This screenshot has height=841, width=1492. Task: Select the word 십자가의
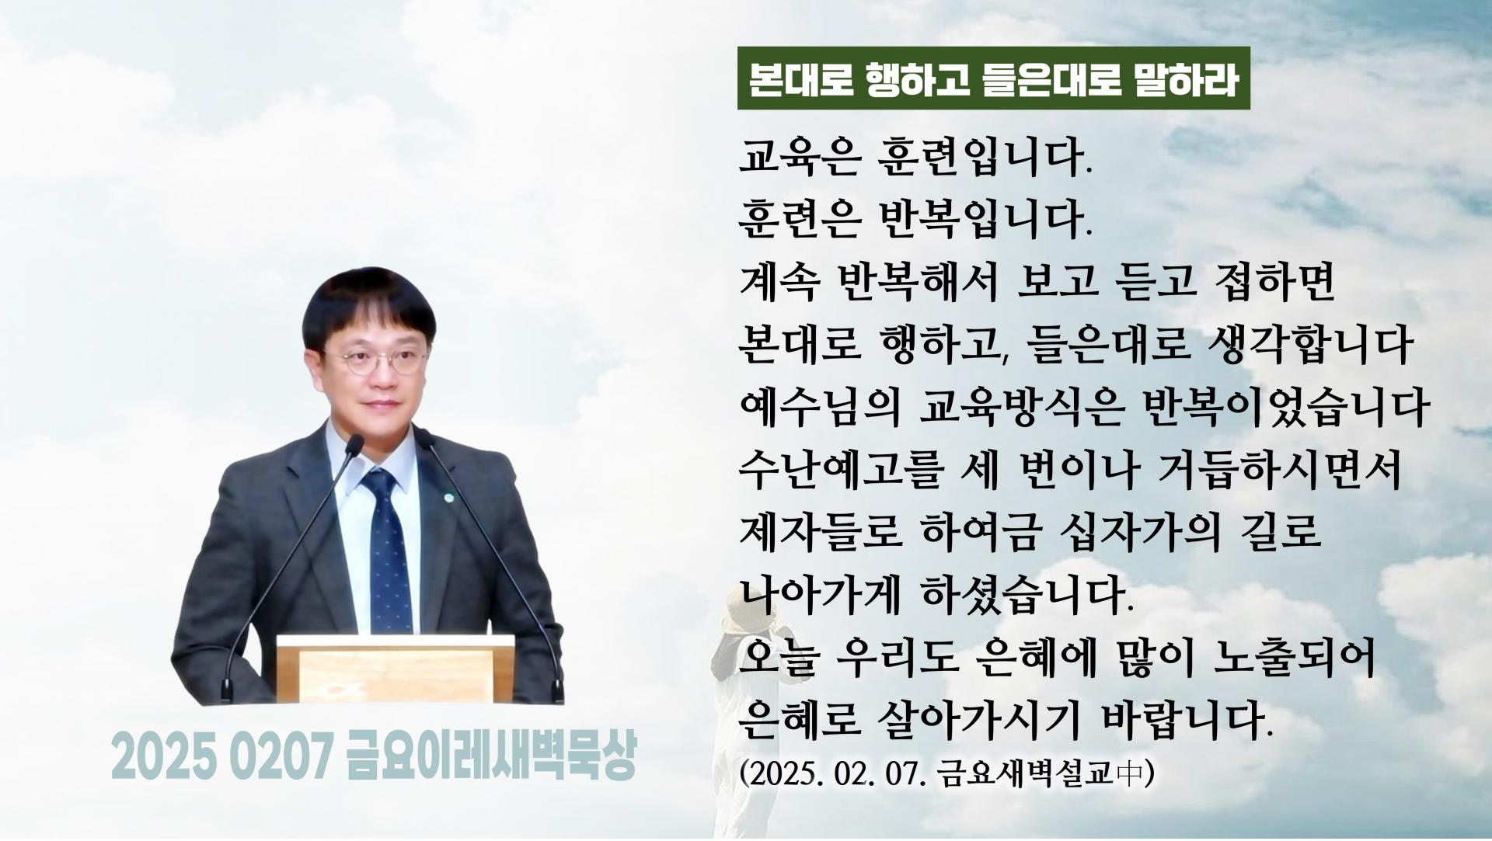point(1138,533)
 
